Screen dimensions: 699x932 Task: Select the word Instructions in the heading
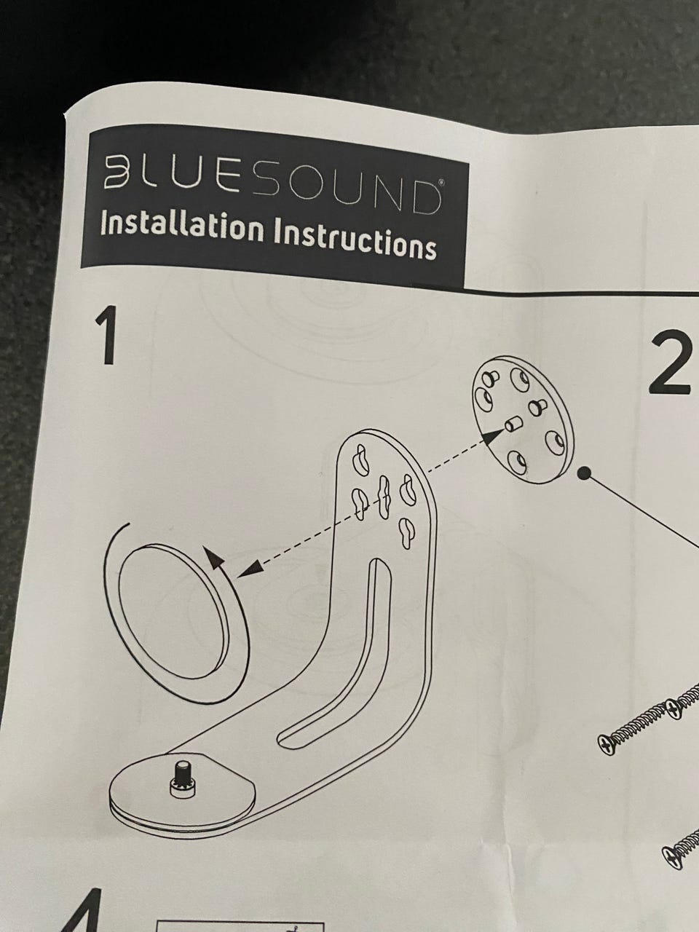[355, 240]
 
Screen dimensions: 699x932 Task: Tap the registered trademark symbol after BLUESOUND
[442, 183]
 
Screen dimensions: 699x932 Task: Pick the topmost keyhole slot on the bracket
[360, 460]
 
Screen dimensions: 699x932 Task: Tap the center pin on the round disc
[513, 422]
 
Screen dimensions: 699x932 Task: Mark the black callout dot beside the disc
[585, 473]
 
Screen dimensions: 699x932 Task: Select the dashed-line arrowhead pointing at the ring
[250, 568]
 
